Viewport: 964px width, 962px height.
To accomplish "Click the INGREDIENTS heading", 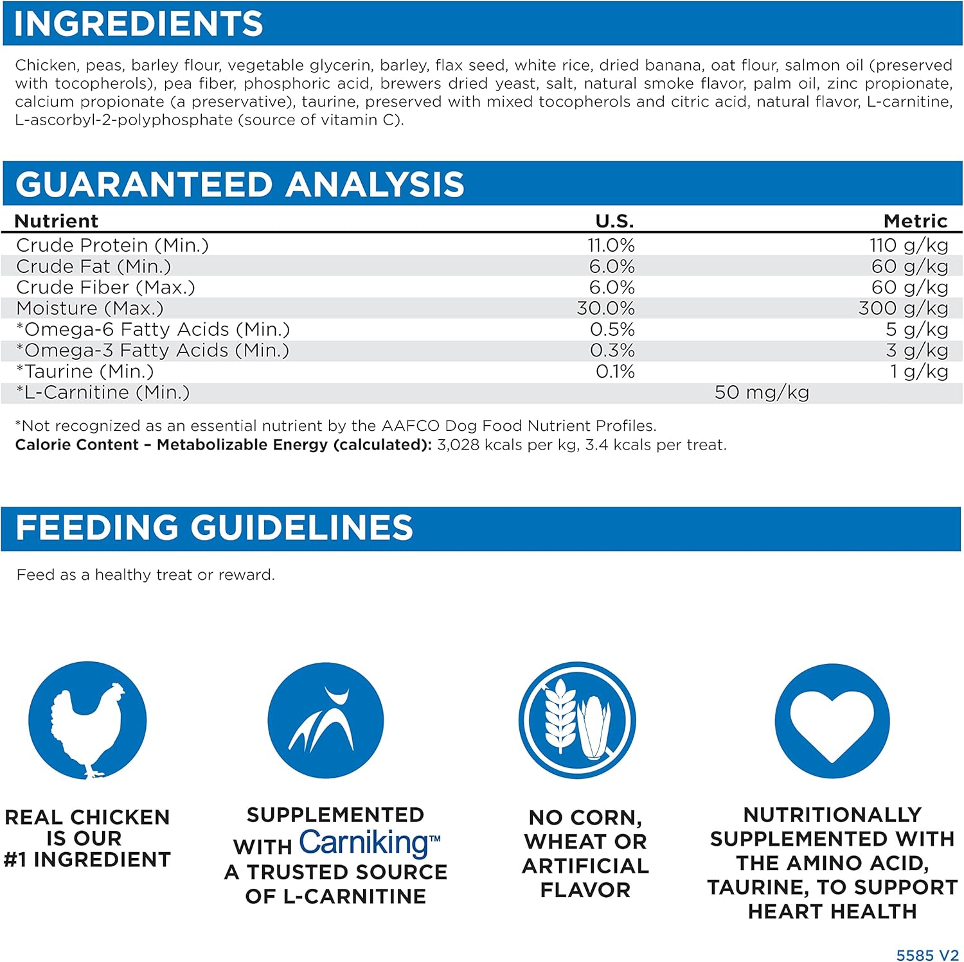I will (x=138, y=24).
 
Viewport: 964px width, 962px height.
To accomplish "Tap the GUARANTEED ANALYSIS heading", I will (x=240, y=184).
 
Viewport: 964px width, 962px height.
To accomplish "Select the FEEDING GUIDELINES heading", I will (x=214, y=528).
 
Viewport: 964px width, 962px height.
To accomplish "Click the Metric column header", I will (x=915, y=221).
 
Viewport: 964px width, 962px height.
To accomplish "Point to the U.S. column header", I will (x=614, y=221).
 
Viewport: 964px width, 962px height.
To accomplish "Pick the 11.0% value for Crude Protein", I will (x=611, y=245).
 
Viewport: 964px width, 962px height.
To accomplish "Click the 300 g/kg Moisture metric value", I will (x=903, y=308).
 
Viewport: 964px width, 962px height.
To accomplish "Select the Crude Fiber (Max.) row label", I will (x=105, y=287).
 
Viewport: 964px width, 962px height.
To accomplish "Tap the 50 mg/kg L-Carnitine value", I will (x=762, y=392).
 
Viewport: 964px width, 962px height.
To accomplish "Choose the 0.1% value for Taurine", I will (x=615, y=371).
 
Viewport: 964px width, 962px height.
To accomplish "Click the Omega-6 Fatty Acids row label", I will (x=153, y=329).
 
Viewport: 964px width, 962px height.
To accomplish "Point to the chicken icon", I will (x=87, y=721).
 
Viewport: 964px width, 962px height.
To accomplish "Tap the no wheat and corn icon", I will (x=577, y=721).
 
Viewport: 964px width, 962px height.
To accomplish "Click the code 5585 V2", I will (x=927, y=955).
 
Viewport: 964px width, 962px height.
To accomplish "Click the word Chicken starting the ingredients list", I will (x=45, y=66).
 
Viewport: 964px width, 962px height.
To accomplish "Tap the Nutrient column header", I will (x=57, y=221).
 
